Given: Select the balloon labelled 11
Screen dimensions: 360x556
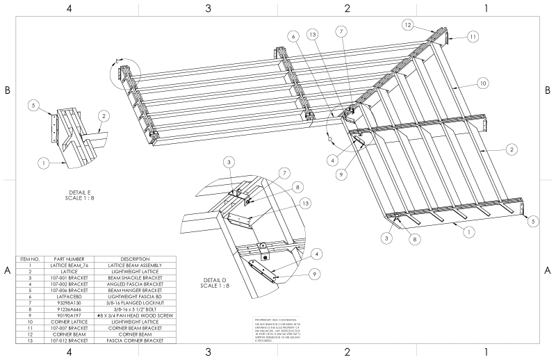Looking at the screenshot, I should (473, 36).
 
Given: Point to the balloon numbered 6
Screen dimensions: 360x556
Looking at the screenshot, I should (294, 36).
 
